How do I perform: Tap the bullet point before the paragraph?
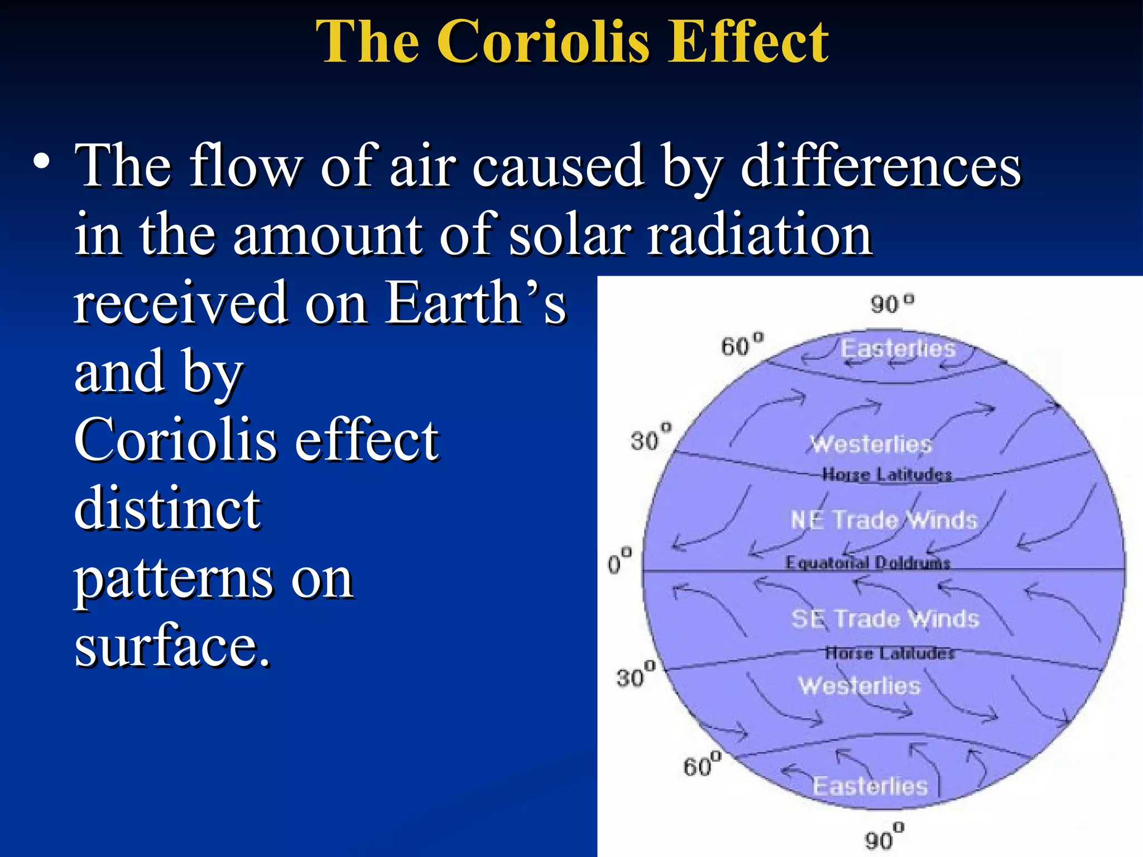coord(41,162)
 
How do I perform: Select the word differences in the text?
coord(881,166)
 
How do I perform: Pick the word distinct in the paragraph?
coord(167,508)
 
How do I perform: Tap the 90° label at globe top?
coord(892,304)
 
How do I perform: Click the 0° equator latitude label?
coord(619,561)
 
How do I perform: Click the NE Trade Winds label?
coord(884,520)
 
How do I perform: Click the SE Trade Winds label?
coord(885,619)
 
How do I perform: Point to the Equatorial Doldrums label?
coord(868,562)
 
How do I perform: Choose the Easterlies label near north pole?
coord(898,349)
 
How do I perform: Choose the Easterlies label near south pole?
coord(870,786)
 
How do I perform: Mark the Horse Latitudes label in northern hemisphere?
coord(887,475)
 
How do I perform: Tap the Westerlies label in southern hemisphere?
coord(859,686)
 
